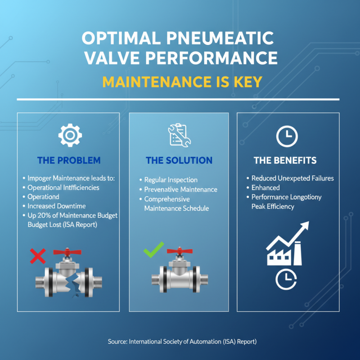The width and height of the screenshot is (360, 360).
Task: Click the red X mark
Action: click(38, 256)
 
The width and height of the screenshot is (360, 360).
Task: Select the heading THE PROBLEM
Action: click(68, 161)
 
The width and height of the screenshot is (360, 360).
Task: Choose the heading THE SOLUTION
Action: click(179, 161)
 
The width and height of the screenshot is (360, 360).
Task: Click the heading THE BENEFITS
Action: click(285, 161)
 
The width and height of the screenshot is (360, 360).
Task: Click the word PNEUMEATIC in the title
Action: click(222, 39)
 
